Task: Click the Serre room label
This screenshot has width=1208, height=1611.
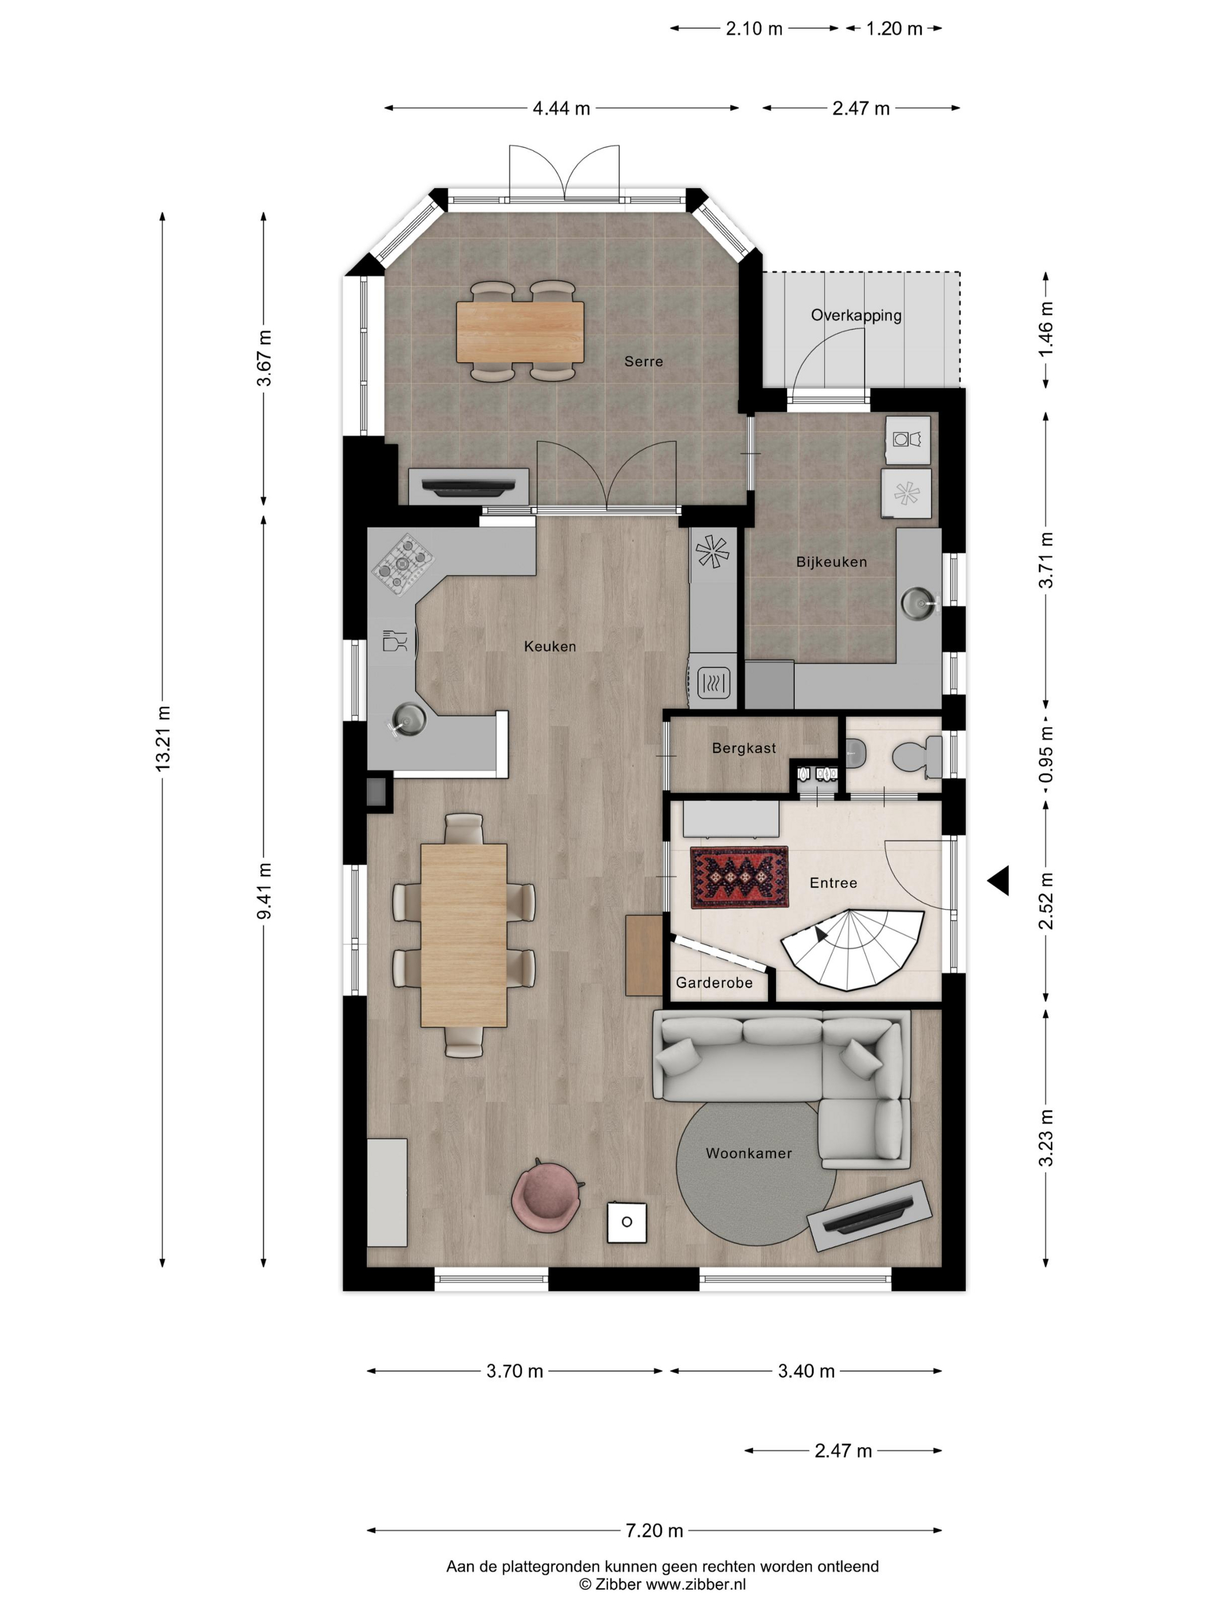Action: (x=643, y=361)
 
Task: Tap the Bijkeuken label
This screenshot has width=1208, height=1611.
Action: (x=831, y=562)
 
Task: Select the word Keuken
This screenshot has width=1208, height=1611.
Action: (x=550, y=646)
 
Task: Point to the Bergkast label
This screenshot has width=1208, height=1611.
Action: (x=743, y=748)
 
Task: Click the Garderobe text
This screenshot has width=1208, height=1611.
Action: (x=714, y=983)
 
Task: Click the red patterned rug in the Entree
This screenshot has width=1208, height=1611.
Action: (x=739, y=877)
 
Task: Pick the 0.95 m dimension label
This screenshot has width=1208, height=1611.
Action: (x=1046, y=754)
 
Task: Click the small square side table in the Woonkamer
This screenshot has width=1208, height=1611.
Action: (x=627, y=1221)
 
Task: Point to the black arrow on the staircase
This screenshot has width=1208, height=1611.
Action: (x=823, y=935)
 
